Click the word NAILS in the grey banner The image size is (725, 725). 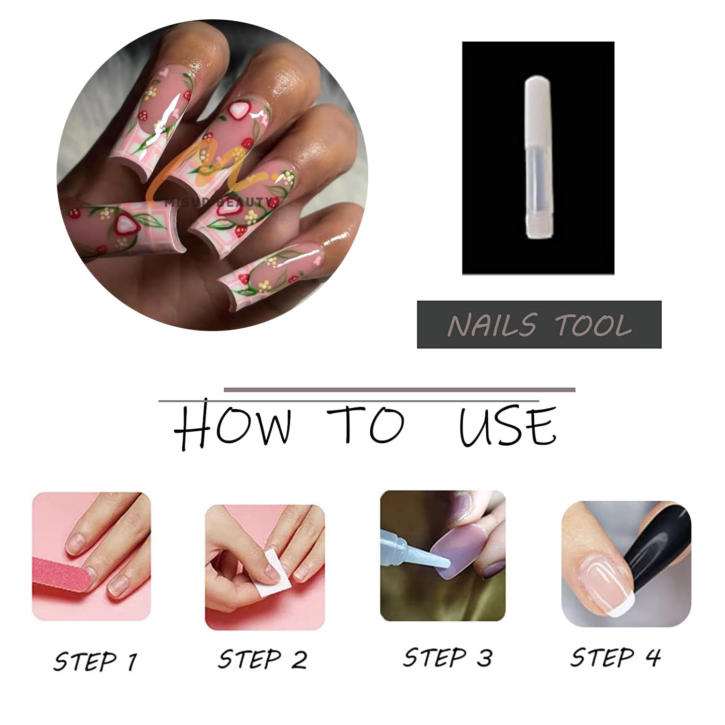click(x=492, y=325)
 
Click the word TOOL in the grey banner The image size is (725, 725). click(x=594, y=325)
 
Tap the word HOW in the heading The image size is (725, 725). click(x=232, y=426)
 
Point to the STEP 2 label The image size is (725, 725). click(x=262, y=659)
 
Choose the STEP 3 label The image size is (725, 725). click(x=448, y=658)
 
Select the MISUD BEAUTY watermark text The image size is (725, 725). click(x=222, y=202)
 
